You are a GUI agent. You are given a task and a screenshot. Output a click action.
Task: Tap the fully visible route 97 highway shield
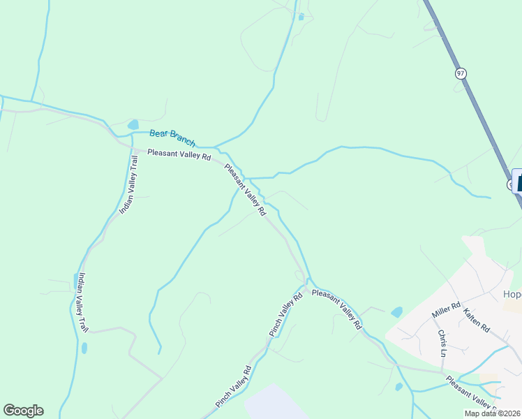pyautogui.click(x=461, y=73)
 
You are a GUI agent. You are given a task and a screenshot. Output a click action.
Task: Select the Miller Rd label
pyautogui.click(x=446, y=311)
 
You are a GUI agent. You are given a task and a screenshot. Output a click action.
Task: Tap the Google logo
pyautogui.click(x=23, y=411)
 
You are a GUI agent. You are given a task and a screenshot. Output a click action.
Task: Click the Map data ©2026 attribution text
pyautogui.click(x=492, y=413)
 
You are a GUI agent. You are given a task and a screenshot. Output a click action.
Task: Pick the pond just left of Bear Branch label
pyautogui.click(x=133, y=125)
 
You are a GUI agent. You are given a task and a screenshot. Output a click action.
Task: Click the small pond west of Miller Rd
pyautogui.click(x=396, y=311)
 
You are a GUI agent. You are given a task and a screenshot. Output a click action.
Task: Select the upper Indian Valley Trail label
pyautogui.click(x=130, y=184)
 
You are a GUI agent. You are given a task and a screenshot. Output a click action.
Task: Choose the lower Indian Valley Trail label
pyautogui.click(x=83, y=302)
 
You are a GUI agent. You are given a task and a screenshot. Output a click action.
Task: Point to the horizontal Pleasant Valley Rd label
pyautogui.click(x=179, y=155)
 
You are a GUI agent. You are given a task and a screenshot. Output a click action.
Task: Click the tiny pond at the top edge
pyautogui.click(x=301, y=17)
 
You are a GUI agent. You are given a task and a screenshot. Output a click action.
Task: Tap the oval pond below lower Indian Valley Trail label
pyautogui.click(x=84, y=348)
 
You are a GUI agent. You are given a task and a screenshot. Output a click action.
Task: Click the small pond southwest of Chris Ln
pyautogui.click(x=398, y=386)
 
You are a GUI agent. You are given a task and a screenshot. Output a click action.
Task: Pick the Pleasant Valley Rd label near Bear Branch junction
pyautogui.click(x=245, y=189)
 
